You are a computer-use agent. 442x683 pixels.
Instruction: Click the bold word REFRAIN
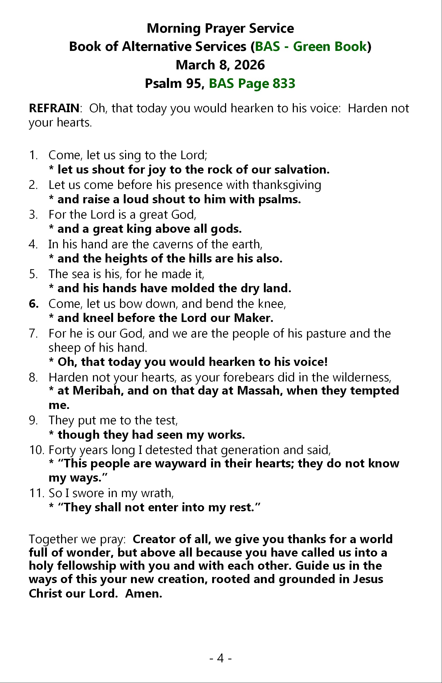54,108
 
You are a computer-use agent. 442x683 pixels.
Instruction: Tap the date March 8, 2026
220,65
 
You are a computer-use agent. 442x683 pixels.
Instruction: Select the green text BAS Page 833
252,84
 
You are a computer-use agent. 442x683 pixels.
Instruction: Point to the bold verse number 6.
33,304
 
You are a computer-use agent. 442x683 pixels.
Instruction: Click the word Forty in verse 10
62,450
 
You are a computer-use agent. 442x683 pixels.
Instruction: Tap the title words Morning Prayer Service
220,28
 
